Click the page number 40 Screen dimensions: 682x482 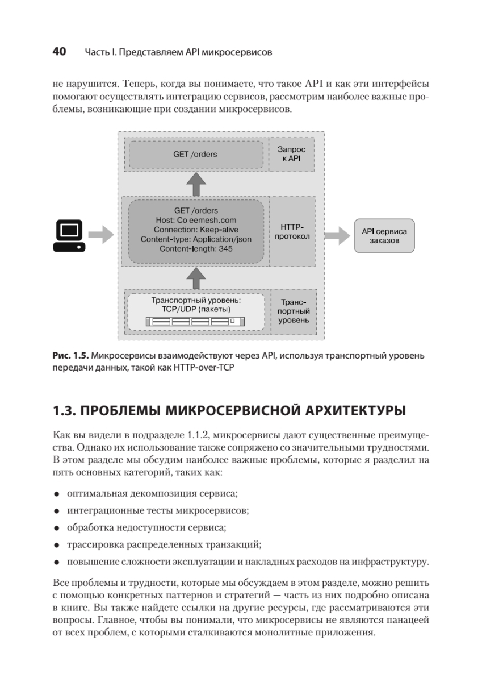tap(59, 52)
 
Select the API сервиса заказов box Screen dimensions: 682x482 tap(384, 236)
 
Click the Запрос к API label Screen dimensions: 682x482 tap(291, 153)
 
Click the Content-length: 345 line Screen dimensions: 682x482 tap(196, 249)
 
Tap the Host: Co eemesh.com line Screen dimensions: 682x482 tap(196, 220)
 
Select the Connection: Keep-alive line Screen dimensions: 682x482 tap(196, 230)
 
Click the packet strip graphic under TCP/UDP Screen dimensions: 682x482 tap(196, 322)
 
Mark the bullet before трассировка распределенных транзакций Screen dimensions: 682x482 tap(57, 544)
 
